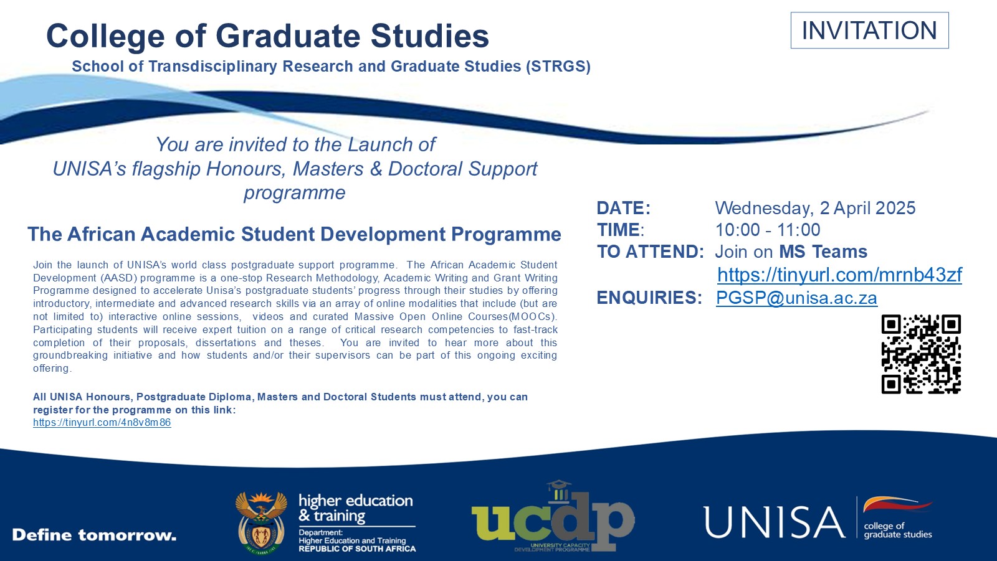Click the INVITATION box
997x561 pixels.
(869, 31)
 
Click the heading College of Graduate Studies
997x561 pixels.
(267, 35)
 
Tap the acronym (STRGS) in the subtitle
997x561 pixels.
(558, 67)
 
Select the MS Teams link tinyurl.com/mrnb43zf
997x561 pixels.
(839, 275)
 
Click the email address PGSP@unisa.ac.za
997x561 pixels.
(796, 298)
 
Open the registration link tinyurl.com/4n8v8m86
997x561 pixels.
(102, 423)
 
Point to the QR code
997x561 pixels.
(921, 354)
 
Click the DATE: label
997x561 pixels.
(623, 208)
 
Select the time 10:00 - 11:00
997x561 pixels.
(768, 230)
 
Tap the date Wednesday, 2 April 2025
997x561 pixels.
(815, 208)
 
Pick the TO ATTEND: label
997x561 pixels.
(650, 252)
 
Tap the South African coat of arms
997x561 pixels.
(261, 523)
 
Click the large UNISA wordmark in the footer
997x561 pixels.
(774, 522)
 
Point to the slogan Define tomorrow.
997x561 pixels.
(94, 535)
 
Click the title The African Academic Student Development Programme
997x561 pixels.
(294, 234)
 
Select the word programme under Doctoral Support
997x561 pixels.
(294, 193)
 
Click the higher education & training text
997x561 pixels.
(355, 508)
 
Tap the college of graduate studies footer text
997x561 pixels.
(897, 530)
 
